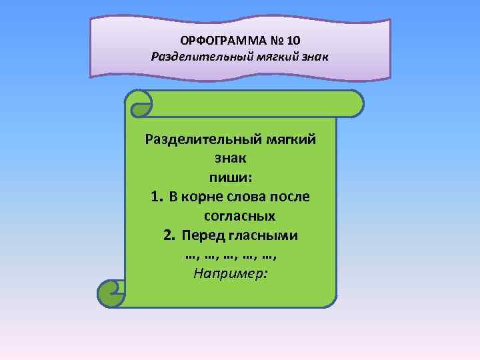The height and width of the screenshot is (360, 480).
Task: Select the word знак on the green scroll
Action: tap(230, 159)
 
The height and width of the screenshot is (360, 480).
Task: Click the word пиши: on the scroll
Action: tap(230, 178)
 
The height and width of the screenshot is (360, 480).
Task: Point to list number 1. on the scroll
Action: tap(156, 197)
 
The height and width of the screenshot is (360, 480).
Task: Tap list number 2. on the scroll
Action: tap(169, 235)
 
